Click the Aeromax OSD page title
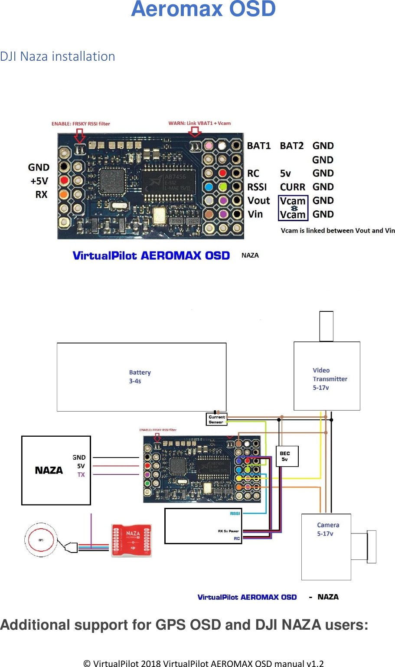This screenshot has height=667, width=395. pyautogui.click(x=203, y=9)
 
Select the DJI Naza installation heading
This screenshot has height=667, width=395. pyautogui.click(x=58, y=56)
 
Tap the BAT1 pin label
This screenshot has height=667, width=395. pyautogui.click(x=258, y=146)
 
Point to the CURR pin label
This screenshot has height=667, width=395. pyautogui.click(x=292, y=187)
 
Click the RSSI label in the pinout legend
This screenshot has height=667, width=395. pyautogui.click(x=257, y=187)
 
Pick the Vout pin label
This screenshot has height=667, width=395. pyautogui.click(x=258, y=201)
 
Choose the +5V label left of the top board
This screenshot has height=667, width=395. pyautogui.click(x=39, y=181)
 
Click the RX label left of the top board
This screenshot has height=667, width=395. pyautogui.click(x=41, y=195)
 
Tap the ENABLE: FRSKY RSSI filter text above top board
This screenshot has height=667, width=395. pyautogui.click(x=81, y=124)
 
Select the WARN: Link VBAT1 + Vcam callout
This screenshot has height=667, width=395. pyautogui.click(x=199, y=123)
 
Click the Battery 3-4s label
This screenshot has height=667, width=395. pyautogui.click(x=140, y=376)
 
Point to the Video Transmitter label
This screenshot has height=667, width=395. pyautogui.click(x=330, y=379)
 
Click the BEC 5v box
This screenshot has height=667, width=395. pyautogui.click(x=287, y=456)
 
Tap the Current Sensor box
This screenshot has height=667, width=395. pyautogui.click(x=216, y=419)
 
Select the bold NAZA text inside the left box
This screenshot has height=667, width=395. pyautogui.click(x=49, y=471)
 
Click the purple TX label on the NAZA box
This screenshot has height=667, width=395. pyautogui.click(x=81, y=474)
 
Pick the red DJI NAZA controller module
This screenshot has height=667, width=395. pyautogui.click(x=131, y=540)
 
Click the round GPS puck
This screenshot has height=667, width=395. pyautogui.click(x=41, y=540)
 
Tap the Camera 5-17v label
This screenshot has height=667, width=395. pyautogui.click(x=328, y=529)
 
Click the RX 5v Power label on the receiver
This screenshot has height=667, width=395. pyautogui.click(x=228, y=531)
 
